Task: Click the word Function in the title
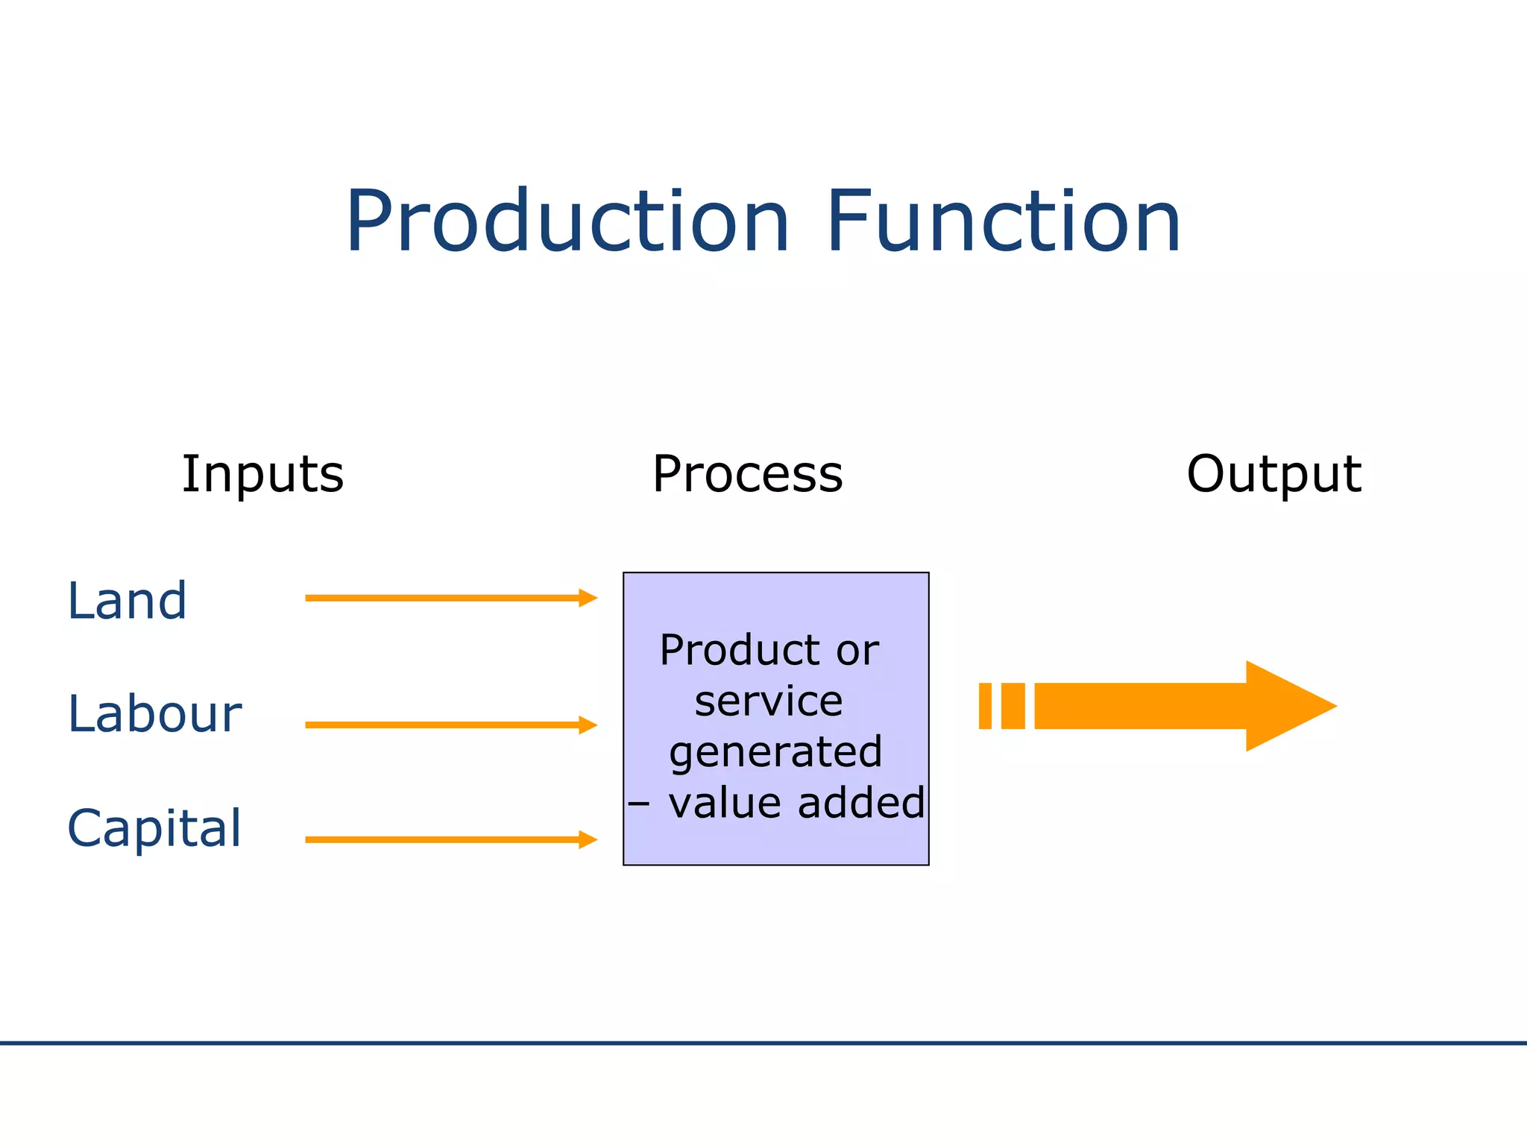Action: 1003,222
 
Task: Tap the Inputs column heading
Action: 263,474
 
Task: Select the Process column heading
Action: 747,474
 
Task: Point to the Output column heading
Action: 1273,474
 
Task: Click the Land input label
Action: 127,601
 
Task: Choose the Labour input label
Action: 154,714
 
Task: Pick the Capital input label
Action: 154,828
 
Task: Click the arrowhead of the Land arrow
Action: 588,598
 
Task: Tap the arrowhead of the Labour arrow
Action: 588,725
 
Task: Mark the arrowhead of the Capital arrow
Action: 588,839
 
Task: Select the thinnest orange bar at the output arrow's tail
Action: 985,706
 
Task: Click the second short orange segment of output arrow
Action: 1013,706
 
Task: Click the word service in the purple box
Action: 769,701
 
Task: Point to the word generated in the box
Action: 775,752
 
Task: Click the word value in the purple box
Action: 724,803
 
